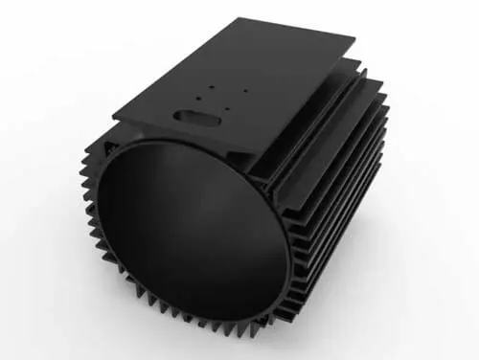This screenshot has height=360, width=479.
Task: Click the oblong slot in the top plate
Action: click(194, 116)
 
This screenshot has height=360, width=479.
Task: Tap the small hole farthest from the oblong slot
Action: click(245, 91)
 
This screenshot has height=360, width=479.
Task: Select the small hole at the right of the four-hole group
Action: click(245, 91)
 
